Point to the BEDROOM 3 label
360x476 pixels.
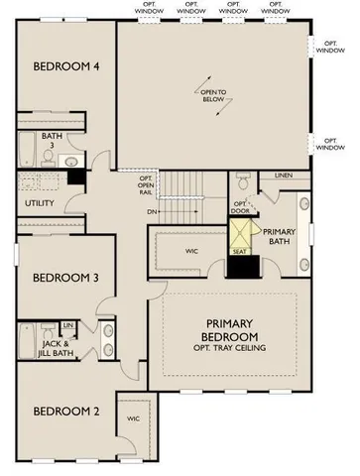pyautogui.click(x=62, y=278)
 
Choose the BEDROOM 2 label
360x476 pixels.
pyautogui.click(x=62, y=412)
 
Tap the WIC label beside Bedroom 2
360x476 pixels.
pyautogui.click(x=133, y=419)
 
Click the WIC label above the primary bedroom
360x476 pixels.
pyautogui.click(x=193, y=252)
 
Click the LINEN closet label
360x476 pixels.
pyautogui.click(x=283, y=177)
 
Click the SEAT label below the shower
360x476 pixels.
pyautogui.click(x=241, y=251)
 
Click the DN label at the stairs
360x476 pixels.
pyautogui.click(x=150, y=211)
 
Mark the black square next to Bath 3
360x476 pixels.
pyautogui.click(x=75, y=177)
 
